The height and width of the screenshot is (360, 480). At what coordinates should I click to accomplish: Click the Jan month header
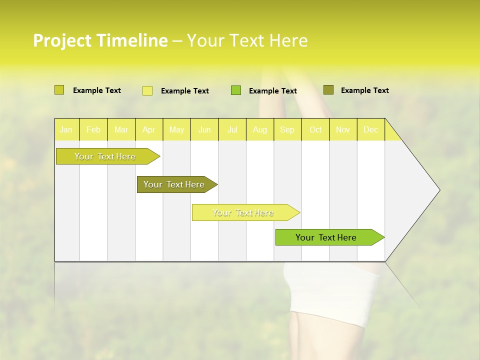66,129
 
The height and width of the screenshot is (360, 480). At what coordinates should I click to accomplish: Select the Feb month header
93,129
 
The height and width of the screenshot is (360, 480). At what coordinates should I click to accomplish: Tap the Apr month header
148,129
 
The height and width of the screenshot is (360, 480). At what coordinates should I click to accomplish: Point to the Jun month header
204,129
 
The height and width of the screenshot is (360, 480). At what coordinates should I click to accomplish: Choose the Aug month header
259,129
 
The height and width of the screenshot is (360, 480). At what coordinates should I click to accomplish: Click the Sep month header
287,129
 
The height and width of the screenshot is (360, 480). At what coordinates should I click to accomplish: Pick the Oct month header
315,129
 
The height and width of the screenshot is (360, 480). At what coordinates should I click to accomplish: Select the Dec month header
370,129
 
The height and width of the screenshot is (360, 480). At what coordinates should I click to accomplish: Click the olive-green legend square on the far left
59,90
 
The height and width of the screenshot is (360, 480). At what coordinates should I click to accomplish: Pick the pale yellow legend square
147,90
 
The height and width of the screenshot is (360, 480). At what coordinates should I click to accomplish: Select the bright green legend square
236,90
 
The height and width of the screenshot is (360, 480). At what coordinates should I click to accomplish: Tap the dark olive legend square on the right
328,90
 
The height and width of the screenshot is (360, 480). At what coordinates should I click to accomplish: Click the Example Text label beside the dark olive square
364,90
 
